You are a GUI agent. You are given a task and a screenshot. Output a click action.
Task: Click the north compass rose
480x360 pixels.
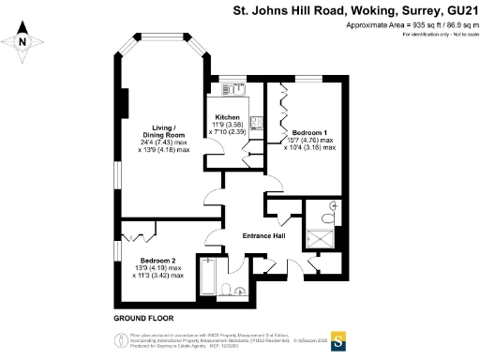point(25,40)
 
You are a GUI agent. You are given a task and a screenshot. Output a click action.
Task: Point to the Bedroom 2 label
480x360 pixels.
point(157,261)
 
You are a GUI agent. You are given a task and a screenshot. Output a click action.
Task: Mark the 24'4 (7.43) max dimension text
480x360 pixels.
point(164,142)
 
